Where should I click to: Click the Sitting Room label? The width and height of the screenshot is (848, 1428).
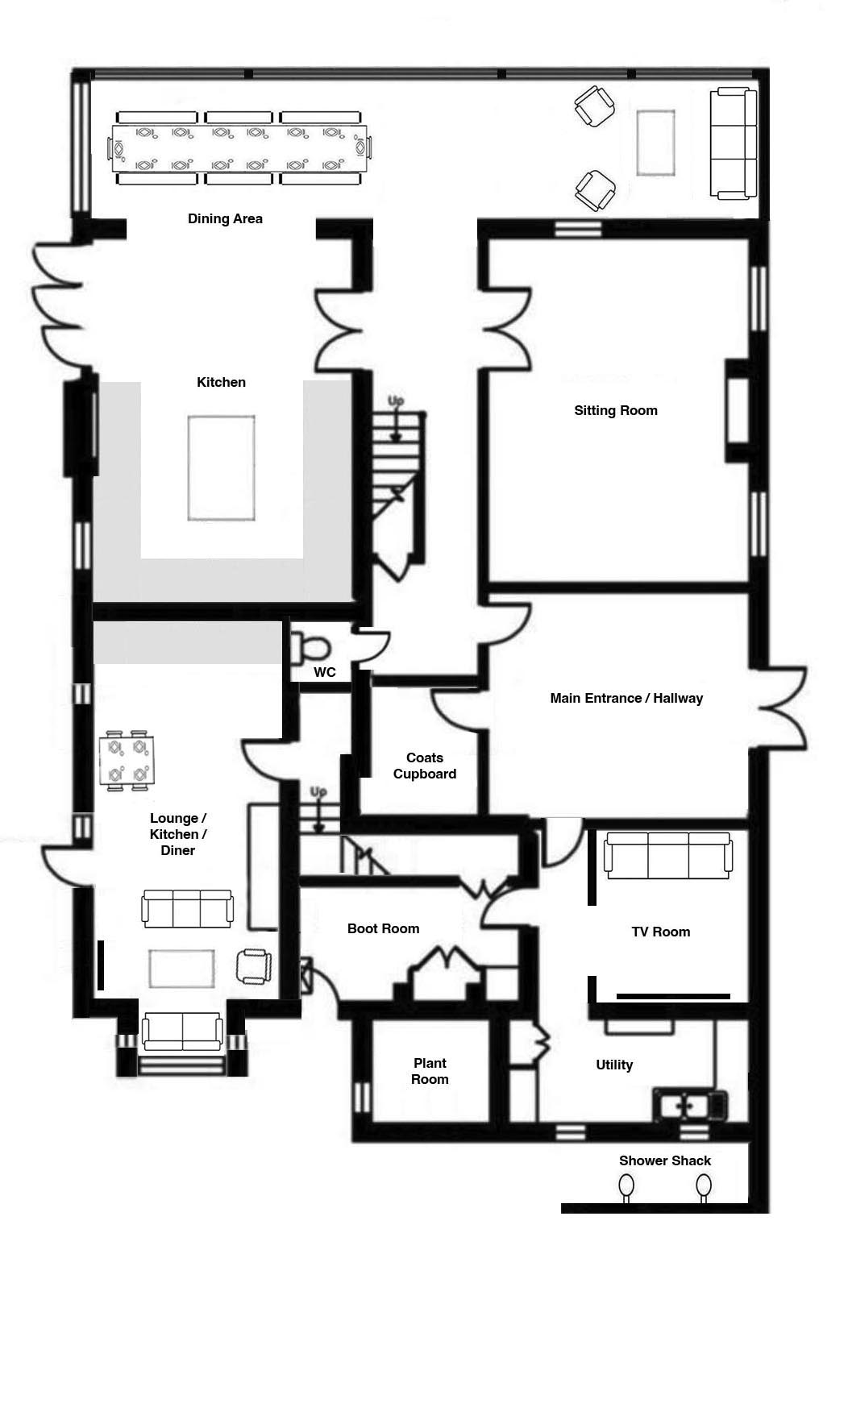pos(616,410)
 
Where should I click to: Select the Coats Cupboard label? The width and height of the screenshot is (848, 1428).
pos(425,766)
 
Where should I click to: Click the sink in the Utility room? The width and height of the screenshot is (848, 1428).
pos(690,1105)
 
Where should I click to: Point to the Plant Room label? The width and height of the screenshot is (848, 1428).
pos(430,1071)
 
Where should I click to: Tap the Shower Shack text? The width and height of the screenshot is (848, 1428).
pos(665,1160)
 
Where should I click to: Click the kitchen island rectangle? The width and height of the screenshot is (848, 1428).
pos(222,468)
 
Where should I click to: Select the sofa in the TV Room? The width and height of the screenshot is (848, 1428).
pos(668,856)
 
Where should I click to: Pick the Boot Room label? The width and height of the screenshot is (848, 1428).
pos(383,928)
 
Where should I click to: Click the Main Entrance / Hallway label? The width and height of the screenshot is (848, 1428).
pos(626,698)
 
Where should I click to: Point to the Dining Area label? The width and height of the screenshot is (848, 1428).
pos(225,218)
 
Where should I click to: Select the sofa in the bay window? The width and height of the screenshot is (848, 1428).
pos(182,1032)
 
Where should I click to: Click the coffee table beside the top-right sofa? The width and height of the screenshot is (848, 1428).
pos(655,143)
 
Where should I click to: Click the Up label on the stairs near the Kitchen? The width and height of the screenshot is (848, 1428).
pos(396,401)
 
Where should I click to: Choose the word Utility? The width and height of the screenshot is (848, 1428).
pos(614,1065)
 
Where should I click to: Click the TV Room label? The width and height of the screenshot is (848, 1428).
pos(661,932)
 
